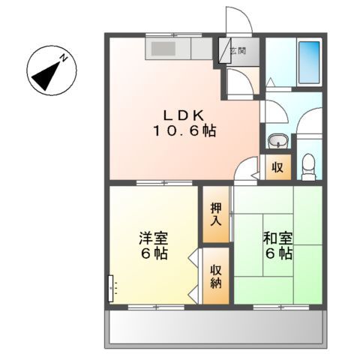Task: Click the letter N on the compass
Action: pos(65,58)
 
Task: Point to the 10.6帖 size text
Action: pos(185,130)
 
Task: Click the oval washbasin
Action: pos(277,140)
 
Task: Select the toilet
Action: pos(307,166)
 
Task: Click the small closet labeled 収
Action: pos(277,166)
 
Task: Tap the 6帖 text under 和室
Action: pos(277,254)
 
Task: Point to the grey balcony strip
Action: pos(217,328)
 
